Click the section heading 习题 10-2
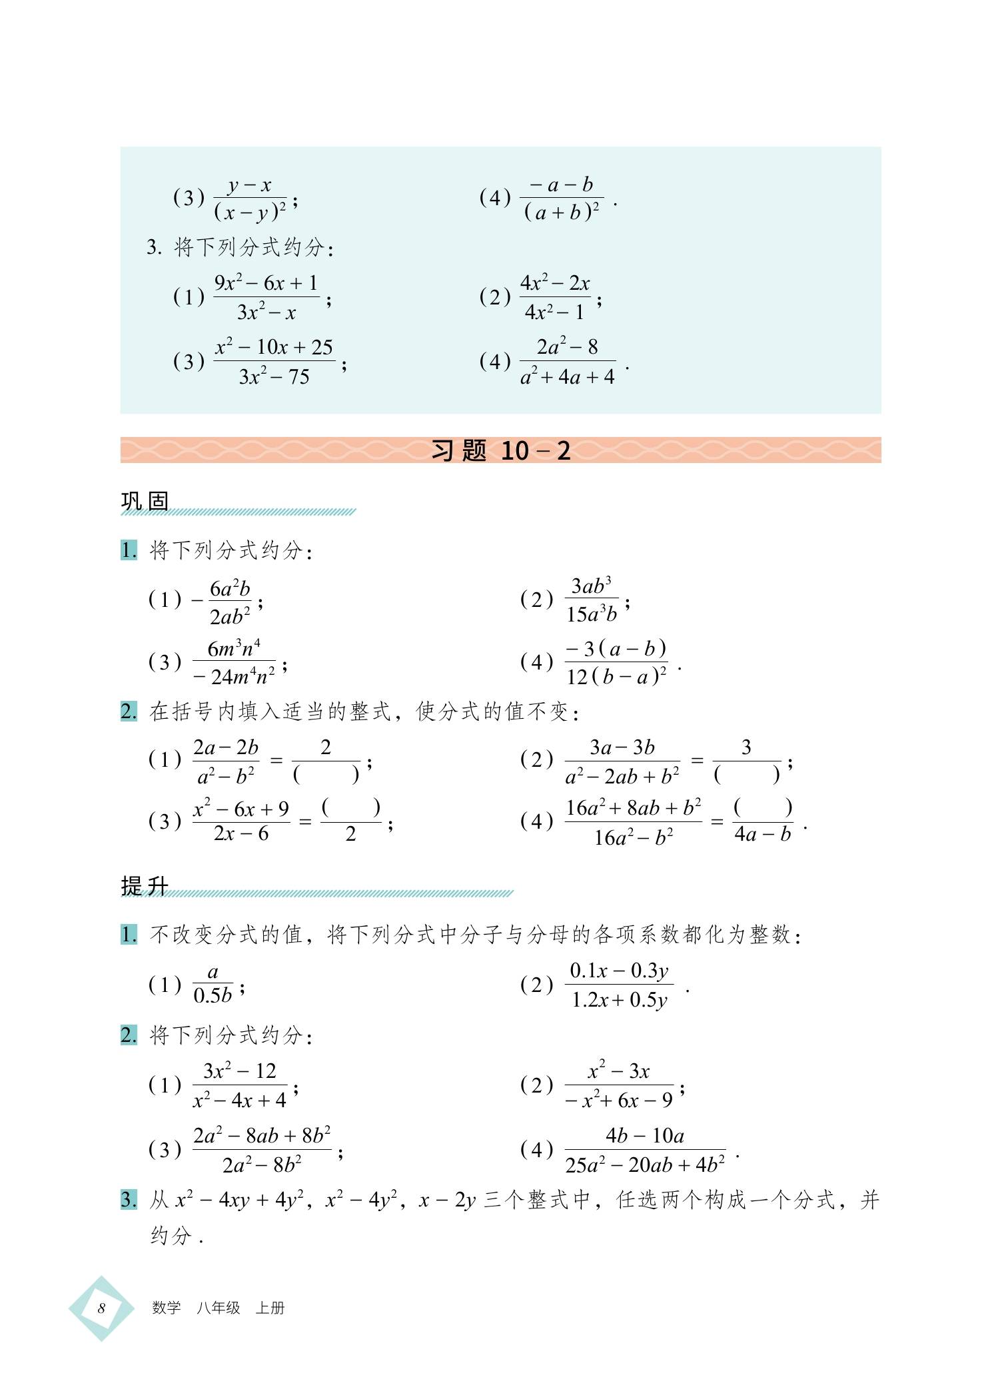click(x=501, y=451)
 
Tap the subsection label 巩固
click(x=145, y=501)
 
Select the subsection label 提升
click(x=145, y=885)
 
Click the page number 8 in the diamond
click(x=101, y=1308)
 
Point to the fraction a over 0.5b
click(x=213, y=985)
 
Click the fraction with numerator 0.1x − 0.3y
click(x=619, y=985)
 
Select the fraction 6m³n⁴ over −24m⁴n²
click(x=234, y=662)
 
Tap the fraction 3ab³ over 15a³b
click(x=592, y=600)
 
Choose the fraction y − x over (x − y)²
click(x=250, y=199)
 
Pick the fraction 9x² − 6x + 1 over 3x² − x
click(x=266, y=297)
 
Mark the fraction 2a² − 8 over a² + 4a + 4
click(x=568, y=362)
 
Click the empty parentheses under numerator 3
click(x=746, y=774)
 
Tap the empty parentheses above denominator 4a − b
click(x=762, y=807)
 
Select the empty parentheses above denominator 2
click(x=350, y=807)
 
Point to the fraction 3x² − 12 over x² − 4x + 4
click(x=240, y=1086)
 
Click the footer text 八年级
click(x=218, y=1308)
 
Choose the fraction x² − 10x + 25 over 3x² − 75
click(x=274, y=362)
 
